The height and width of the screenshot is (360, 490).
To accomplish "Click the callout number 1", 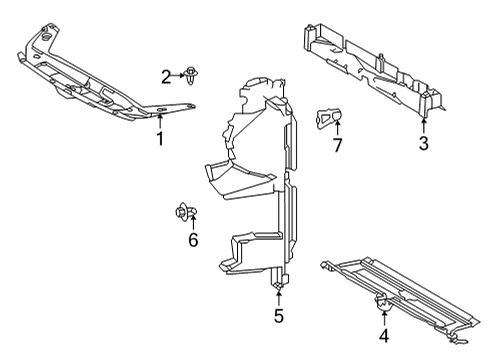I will (x=159, y=139).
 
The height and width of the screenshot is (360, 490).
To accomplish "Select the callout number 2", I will (x=166, y=75).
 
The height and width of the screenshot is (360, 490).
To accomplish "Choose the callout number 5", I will (x=278, y=317).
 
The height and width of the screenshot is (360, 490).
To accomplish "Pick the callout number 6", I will (x=193, y=240).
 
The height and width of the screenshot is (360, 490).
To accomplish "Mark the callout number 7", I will (x=337, y=147).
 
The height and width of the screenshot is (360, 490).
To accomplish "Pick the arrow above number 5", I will (x=278, y=298).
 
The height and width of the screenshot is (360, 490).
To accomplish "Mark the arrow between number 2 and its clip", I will (x=177, y=75).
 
